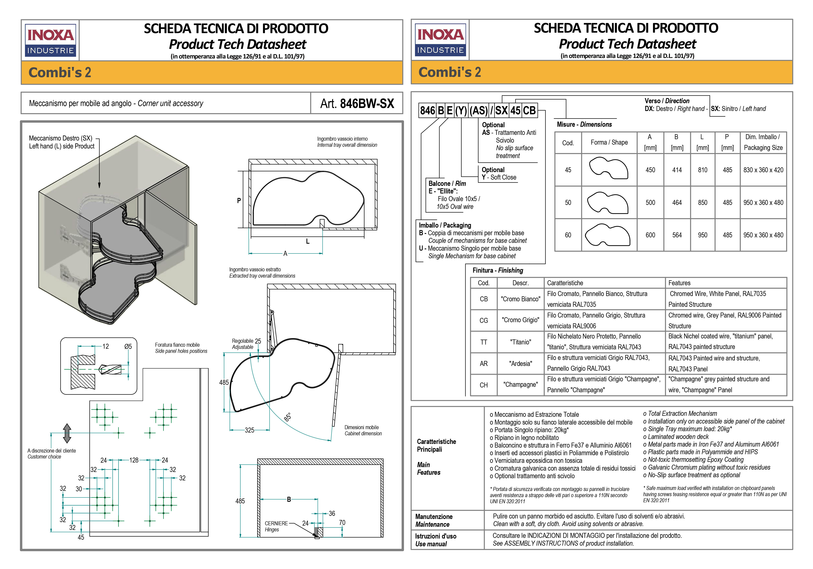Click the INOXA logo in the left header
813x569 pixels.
(x=51, y=40)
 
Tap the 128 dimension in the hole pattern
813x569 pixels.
(x=134, y=460)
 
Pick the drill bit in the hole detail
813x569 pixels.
(x=110, y=369)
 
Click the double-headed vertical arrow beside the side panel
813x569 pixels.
(x=67, y=433)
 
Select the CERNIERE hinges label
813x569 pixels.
(x=276, y=523)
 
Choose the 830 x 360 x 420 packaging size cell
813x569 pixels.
(x=763, y=170)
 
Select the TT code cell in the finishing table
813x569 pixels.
(x=484, y=342)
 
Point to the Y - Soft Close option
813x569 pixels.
(x=499, y=177)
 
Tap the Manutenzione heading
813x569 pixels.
(x=434, y=517)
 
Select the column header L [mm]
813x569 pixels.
(x=702, y=142)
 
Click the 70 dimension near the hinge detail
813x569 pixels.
(x=342, y=523)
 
